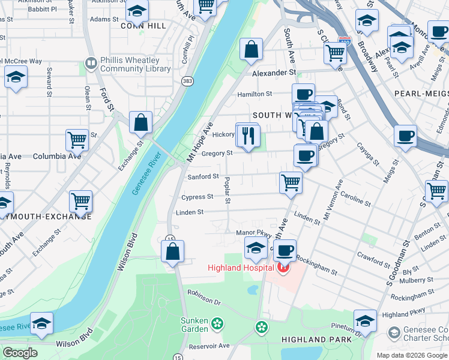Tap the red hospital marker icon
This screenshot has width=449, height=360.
click(283, 267)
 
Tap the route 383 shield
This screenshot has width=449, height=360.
click(188, 80)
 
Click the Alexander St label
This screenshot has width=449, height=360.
click(274, 73)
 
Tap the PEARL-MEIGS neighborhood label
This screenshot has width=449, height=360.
click(421, 94)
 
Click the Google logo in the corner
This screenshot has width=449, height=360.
click(20, 353)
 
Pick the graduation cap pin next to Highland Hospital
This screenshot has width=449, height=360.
click(256, 247)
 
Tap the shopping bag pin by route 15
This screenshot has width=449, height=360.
click(172, 251)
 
